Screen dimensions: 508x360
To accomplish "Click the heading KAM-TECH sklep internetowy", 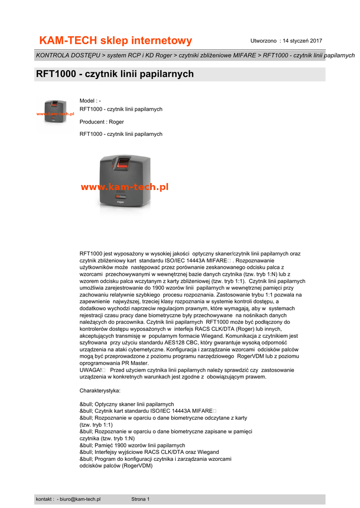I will (115, 40).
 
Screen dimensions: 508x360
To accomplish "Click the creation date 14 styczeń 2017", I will (302, 40).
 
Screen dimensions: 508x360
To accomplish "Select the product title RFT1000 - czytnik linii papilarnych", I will (115, 74).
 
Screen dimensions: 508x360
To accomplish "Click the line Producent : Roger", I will (102, 122).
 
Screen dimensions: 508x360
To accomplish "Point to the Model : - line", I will (90, 101).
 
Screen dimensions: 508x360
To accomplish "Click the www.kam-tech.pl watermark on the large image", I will (124, 187).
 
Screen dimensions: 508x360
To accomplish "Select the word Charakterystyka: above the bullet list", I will (100, 390).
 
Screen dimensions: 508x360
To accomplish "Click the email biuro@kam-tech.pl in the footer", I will (80, 499).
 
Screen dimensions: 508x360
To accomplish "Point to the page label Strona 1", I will (141, 499).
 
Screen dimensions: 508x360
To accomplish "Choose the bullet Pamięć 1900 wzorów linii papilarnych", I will (132, 445).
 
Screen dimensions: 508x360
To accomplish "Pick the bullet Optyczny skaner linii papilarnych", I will (127, 404).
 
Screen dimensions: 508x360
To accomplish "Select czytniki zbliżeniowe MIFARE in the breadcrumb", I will (217, 55).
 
